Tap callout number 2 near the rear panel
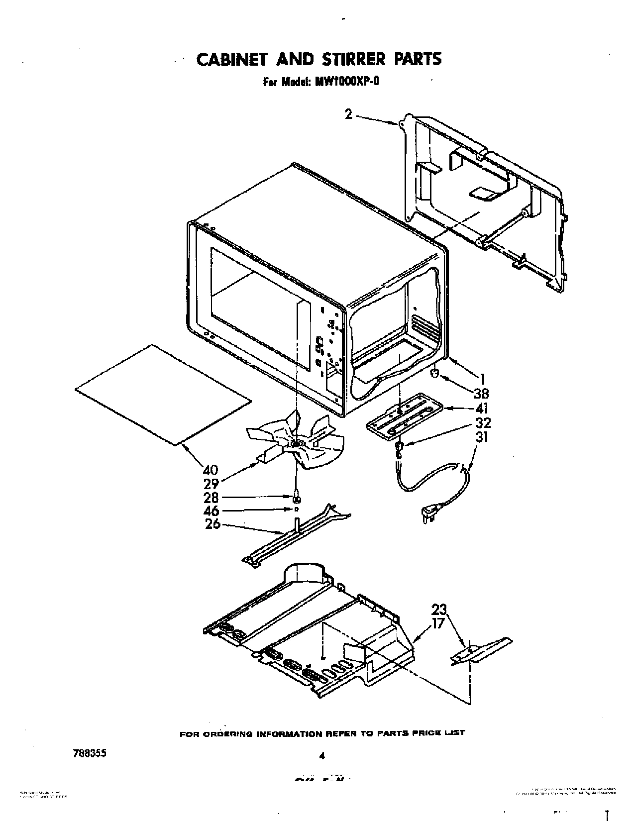[349, 114]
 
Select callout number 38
[481, 394]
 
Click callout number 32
[482, 422]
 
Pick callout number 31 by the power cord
[481, 437]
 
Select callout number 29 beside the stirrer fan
[211, 483]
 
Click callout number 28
[211, 497]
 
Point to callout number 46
[211, 511]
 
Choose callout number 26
[212, 524]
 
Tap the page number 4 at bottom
[322, 756]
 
